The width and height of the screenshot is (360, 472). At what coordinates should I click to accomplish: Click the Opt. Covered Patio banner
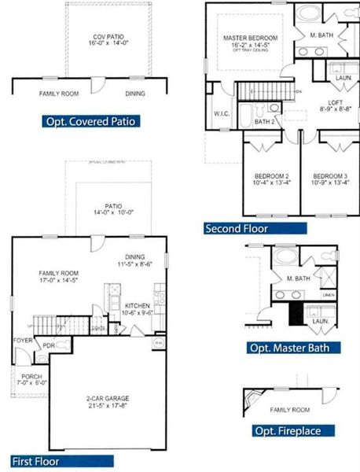[x=92, y=121]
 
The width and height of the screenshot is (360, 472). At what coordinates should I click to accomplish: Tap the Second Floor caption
[x=237, y=229]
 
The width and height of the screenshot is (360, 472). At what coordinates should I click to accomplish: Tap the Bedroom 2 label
[x=272, y=175]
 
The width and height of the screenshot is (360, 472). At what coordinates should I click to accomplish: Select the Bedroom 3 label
[x=331, y=175]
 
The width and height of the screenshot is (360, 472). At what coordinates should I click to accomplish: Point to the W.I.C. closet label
[x=221, y=114]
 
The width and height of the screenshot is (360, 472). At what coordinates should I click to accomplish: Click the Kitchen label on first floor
[x=137, y=305]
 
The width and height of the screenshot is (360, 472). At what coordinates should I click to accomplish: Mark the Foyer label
[x=22, y=340]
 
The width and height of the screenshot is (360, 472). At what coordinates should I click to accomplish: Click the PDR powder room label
[x=47, y=345]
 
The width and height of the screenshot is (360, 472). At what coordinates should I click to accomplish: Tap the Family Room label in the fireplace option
[x=289, y=410]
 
